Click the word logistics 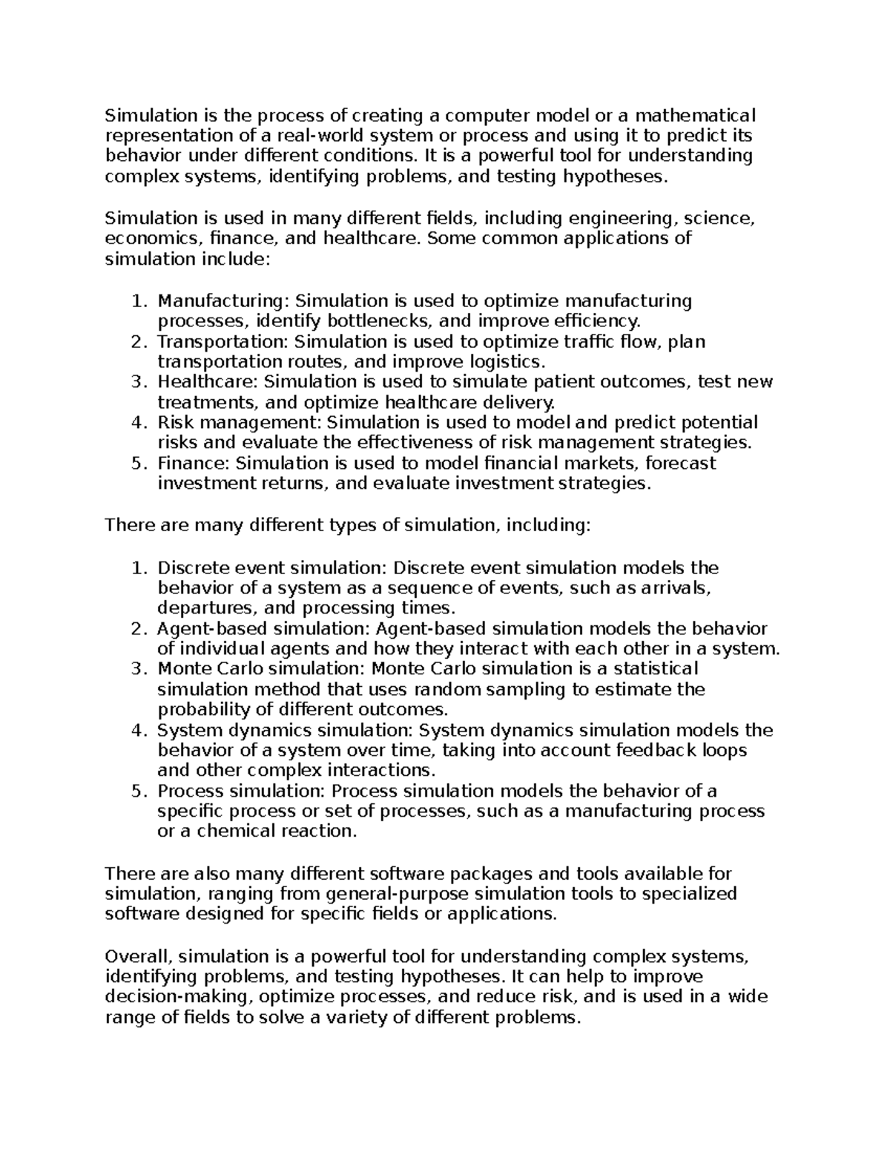coord(507,362)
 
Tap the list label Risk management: coord(239,423)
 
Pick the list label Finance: coord(194,464)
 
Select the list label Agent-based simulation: coord(263,629)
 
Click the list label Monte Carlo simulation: coord(261,669)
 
